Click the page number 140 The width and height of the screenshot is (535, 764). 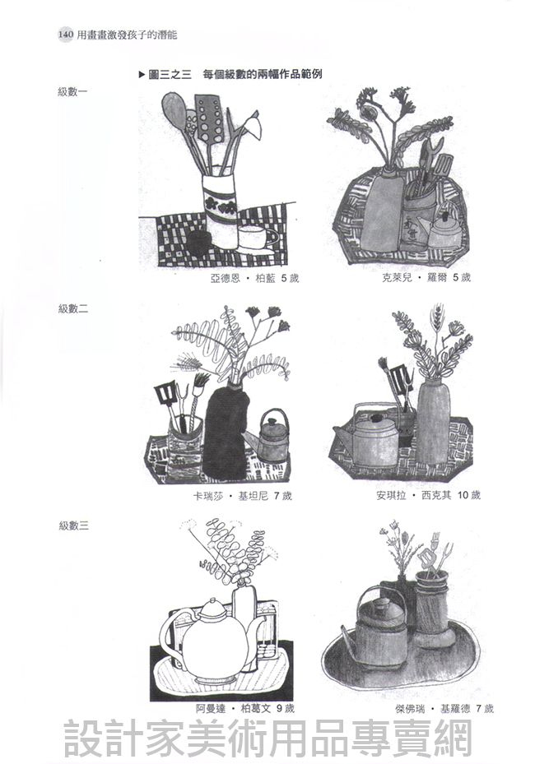pos(65,35)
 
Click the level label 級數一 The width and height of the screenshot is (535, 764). pos(72,91)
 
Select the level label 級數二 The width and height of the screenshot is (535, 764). pos(73,308)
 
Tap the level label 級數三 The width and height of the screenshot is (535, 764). pos(73,526)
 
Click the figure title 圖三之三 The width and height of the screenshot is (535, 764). pos(169,75)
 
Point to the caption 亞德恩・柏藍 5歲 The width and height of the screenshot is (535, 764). pos(254,278)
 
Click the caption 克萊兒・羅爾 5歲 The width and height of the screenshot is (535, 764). pos(426,278)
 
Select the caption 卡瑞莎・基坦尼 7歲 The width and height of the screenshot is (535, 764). pos(242,496)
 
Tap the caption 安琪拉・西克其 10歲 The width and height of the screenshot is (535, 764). pos(428,496)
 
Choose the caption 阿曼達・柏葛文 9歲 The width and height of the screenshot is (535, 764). pos(244,708)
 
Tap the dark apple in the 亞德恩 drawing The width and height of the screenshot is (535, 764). pos(198,242)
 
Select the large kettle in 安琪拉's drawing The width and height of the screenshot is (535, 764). pos(371,438)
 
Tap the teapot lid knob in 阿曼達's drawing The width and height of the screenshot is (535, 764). pos(212,601)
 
